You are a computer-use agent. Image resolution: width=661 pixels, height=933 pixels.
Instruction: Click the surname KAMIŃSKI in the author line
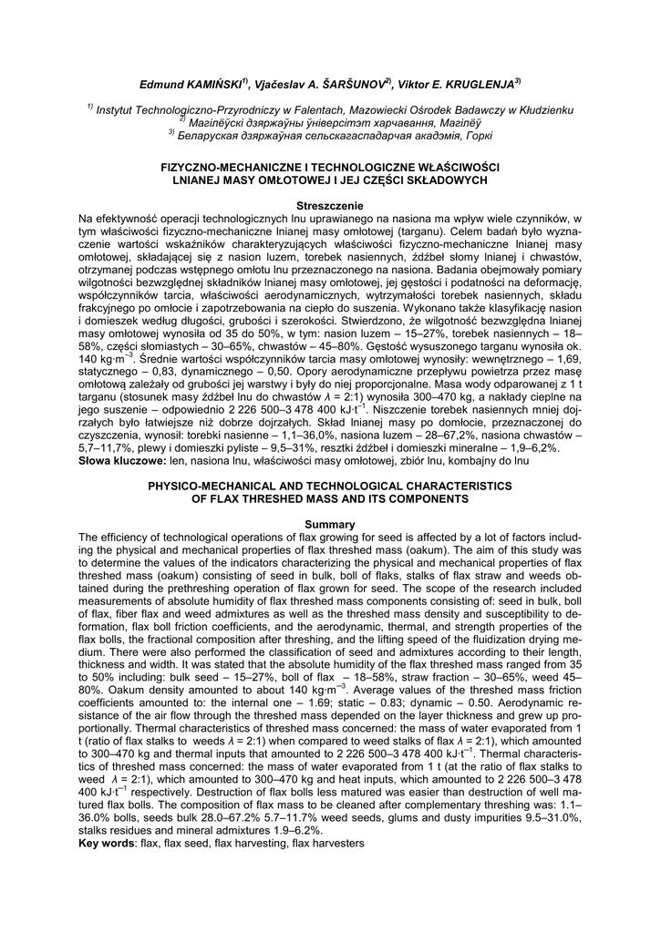coord(212,84)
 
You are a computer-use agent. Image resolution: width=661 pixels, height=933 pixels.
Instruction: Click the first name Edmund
coord(160,84)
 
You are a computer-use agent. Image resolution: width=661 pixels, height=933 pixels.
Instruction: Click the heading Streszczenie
coord(330,207)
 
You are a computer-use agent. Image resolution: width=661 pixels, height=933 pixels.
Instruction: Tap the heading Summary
coord(330,524)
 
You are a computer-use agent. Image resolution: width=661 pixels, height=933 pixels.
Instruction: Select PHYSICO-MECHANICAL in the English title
coord(224,487)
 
